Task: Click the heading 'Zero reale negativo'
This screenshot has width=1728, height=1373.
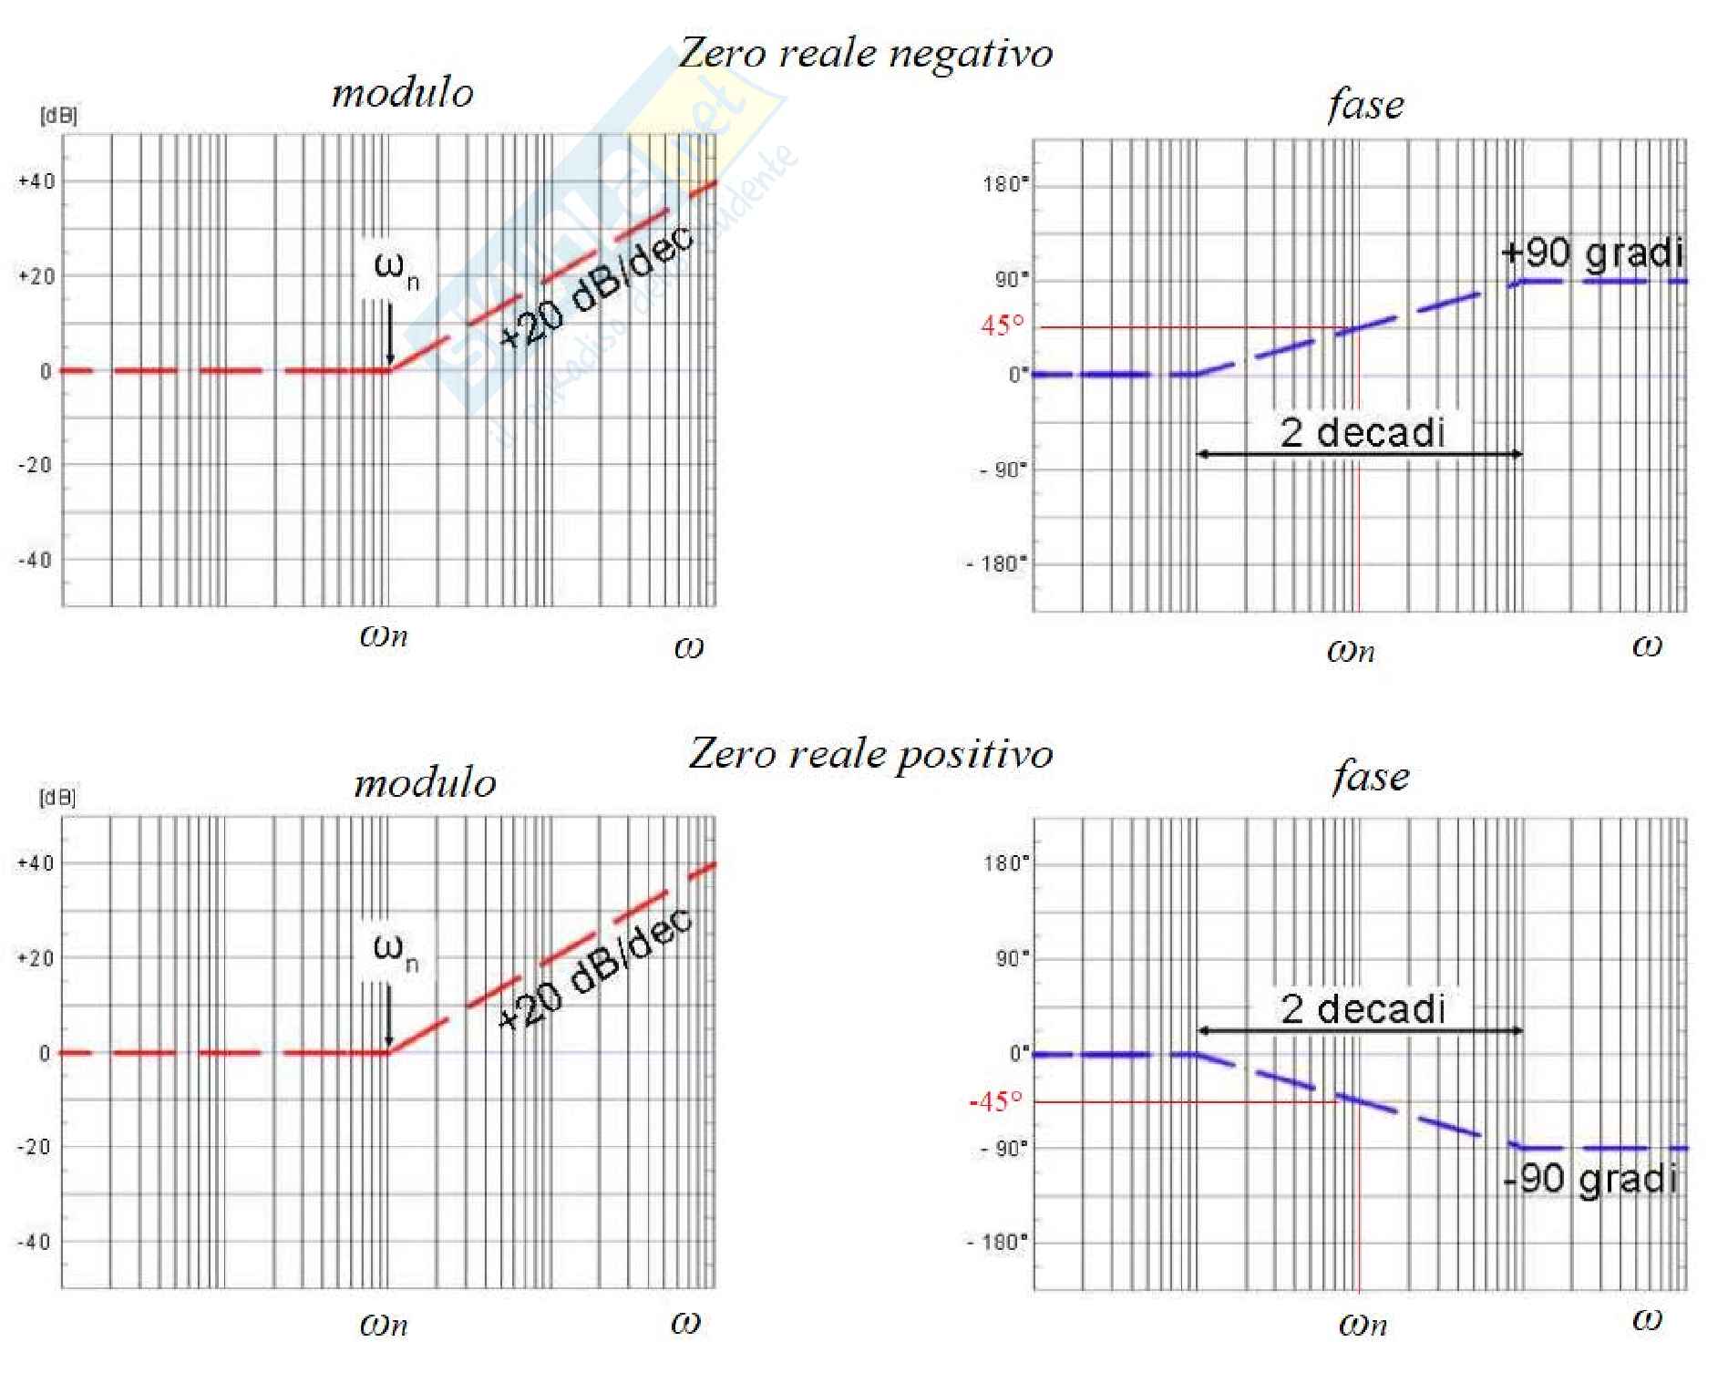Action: (866, 53)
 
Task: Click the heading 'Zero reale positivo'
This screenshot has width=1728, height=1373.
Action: (870, 754)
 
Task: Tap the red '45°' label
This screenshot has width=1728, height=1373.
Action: (1003, 325)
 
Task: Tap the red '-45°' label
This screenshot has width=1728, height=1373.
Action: (996, 1101)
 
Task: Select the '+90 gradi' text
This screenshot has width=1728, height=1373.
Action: (1591, 253)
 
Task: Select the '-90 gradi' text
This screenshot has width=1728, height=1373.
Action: (1591, 1179)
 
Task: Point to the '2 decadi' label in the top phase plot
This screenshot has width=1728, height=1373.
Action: (1363, 432)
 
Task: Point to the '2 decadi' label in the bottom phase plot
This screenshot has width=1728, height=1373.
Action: (1363, 1009)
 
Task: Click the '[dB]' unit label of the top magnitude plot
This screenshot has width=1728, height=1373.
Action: (59, 116)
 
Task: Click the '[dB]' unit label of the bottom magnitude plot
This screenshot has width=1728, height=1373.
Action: (57, 798)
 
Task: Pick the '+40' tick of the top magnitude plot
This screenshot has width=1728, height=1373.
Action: (36, 181)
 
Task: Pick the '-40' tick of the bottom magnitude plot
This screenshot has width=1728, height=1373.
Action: (35, 1242)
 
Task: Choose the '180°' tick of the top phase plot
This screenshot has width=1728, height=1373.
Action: (1005, 184)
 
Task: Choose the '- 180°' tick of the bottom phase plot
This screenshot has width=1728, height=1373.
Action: (998, 1242)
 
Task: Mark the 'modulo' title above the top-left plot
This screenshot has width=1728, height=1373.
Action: (402, 93)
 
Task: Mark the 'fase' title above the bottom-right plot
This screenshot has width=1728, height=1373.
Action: (1371, 777)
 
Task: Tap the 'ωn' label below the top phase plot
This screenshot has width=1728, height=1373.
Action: (1351, 650)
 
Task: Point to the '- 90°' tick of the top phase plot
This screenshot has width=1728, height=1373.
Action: (1003, 470)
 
